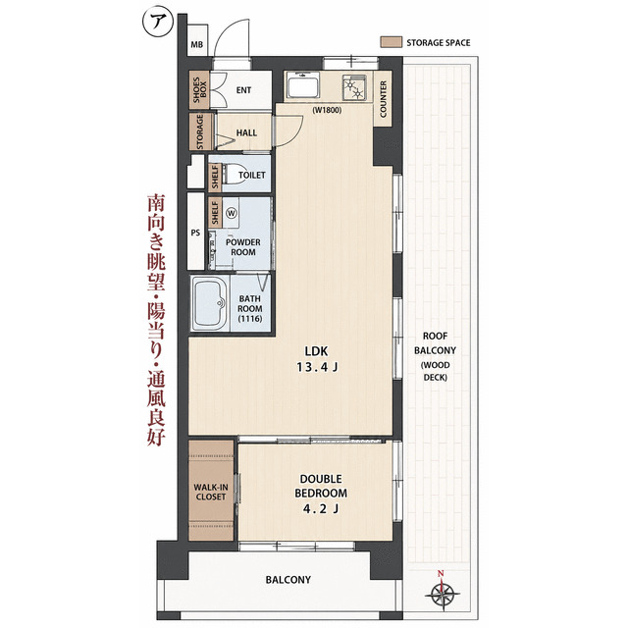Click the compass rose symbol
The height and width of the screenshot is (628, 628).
pos(443,591)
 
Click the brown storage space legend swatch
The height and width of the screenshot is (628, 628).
pos(391,42)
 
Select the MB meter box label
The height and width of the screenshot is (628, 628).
pos(196,44)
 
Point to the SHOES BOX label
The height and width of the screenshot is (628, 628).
pos(199,89)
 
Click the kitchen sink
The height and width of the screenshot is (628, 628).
pos(303,85)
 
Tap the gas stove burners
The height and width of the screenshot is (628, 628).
pos(354,87)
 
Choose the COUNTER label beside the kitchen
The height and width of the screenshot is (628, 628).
pos(383,99)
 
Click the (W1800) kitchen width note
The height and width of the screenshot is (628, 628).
pos(327,110)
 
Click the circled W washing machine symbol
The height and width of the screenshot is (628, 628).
pos(232,213)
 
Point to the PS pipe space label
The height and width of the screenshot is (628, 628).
pos(195,233)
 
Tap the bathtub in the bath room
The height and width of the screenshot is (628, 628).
pos(209,303)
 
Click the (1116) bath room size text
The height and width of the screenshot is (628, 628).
pos(250,319)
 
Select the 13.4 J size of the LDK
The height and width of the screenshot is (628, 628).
pos(317,367)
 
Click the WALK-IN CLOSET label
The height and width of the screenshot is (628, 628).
pos(211,492)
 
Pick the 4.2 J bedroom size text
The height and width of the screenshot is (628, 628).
pos(321,508)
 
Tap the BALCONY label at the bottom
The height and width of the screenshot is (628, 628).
pos(288,580)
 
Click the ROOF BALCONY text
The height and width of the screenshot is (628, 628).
pos(436,343)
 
